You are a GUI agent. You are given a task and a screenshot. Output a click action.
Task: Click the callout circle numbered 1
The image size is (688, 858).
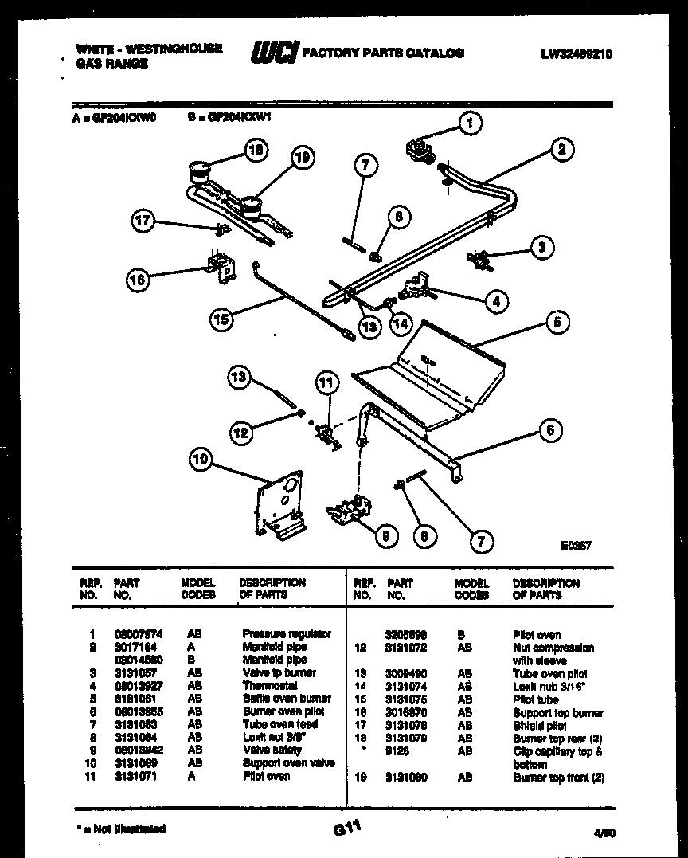coord(471,123)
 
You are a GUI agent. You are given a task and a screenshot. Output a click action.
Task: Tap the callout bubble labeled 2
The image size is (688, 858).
coord(561,150)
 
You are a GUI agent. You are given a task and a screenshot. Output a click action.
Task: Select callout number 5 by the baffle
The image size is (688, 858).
coord(557,323)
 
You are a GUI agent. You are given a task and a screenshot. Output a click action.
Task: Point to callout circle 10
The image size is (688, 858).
coord(201,459)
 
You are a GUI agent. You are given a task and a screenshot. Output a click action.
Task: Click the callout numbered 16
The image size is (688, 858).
coord(137,279)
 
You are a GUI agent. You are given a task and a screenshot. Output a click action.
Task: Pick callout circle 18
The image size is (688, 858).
coord(256,150)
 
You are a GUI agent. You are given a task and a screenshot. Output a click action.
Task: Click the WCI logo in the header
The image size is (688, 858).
coord(274,53)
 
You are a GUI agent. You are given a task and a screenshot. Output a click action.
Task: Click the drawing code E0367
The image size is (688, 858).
coord(576,546)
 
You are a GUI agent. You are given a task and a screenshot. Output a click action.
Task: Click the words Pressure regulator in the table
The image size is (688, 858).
coord(286,634)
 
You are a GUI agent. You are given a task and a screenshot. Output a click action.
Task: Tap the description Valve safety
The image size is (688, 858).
coord(272,750)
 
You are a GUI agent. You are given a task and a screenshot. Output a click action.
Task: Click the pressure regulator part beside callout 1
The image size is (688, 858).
coord(420,151)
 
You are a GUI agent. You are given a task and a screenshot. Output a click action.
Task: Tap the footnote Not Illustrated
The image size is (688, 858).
coord(122,829)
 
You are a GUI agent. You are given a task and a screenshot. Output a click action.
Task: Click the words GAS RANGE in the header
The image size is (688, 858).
coord(111,64)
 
